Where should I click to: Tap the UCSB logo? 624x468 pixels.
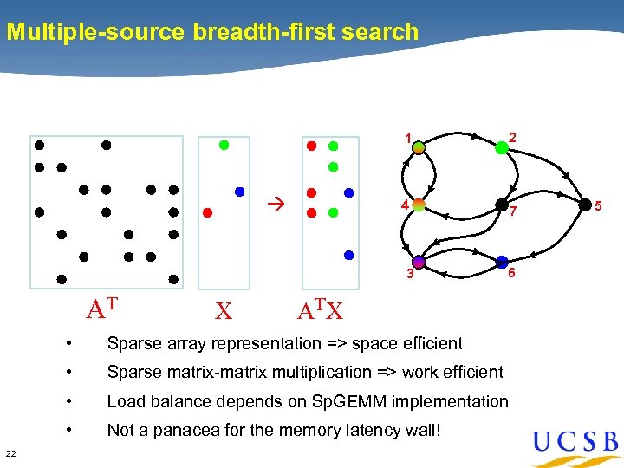[x=575, y=445]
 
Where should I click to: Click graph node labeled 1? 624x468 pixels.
[x=419, y=148]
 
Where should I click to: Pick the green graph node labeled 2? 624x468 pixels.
[x=502, y=148]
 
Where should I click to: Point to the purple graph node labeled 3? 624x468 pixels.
[x=419, y=262]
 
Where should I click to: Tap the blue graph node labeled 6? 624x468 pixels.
[x=502, y=262]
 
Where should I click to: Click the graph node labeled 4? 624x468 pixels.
[x=419, y=205]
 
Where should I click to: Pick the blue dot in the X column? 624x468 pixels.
[x=240, y=192]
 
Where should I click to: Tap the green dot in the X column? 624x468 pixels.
[x=224, y=146]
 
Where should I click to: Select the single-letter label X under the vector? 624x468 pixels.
[x=224, y=310]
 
